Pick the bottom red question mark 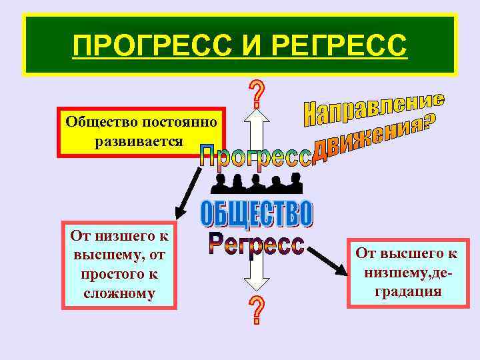point(256,311)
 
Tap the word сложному point(120,293)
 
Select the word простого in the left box point(103,274)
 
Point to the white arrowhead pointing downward point(256,285)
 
